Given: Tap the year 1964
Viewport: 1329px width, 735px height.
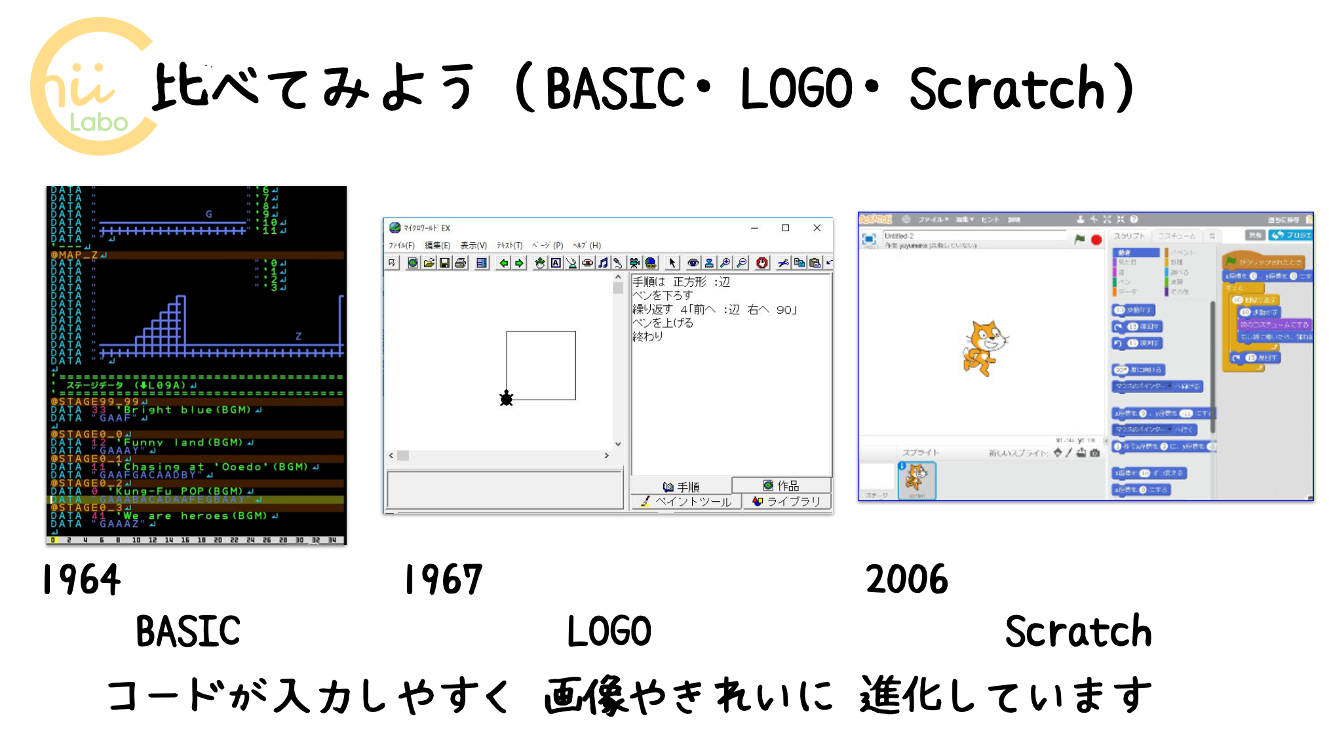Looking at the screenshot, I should click(x=81, y=579).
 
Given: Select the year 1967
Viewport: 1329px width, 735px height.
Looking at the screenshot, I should click(x=443, y=579).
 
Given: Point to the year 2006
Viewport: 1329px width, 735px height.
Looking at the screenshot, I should click(x=906, y=579).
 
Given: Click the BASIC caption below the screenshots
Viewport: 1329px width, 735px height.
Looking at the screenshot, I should click(x=188, y=631).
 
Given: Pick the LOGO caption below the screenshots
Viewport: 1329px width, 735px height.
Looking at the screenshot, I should click(x=609, y=631).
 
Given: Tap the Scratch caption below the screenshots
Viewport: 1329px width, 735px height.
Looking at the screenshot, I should click(x=1078, y=631).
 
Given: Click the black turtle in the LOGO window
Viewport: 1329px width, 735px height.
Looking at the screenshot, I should click(x=506, y=398).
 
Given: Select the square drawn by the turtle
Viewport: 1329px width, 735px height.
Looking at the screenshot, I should click(x=541, y=365).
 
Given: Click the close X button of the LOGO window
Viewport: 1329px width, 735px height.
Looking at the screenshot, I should click(x=817, y=228).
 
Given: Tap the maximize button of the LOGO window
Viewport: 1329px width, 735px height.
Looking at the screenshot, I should click(x=785, y=228).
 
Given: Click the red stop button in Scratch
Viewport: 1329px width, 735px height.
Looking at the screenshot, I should click(x=1096, y=240).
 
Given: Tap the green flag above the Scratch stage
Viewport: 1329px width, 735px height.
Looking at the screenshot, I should click(x=1079, y=240).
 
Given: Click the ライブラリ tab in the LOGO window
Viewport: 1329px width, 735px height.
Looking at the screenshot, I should click(x=786, y=501).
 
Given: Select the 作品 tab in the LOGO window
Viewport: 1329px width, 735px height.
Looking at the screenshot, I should click(x=781, y=485).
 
